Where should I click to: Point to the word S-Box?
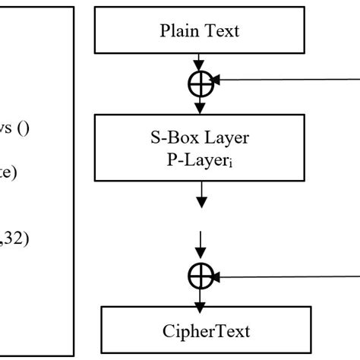(173, 139)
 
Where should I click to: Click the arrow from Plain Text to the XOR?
(200, 61)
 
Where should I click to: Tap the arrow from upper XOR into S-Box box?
(200, 105)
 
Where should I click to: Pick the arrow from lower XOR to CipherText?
(200, 298)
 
